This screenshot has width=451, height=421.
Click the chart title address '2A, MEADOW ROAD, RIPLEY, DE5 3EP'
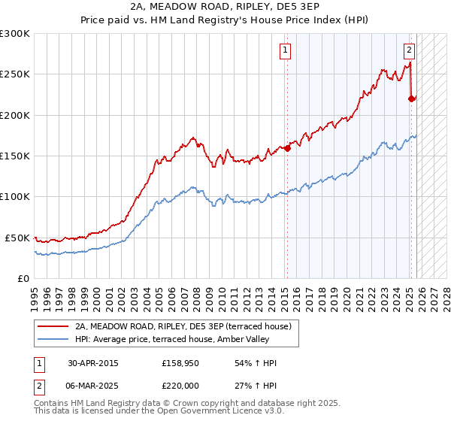[x=225, y=7]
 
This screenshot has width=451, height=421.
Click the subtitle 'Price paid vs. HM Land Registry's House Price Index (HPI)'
[x=225, y=20]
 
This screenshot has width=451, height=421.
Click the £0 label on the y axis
[x=24, y=278]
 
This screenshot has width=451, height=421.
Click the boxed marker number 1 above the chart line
[x=286, y=51]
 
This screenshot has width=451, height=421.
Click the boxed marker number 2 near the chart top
[x=410, y=51]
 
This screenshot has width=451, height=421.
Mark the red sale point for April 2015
[x=287, y=149]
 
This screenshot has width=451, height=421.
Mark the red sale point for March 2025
[x=411, y=98]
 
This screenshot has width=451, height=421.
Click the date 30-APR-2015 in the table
[x=93, y=363]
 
